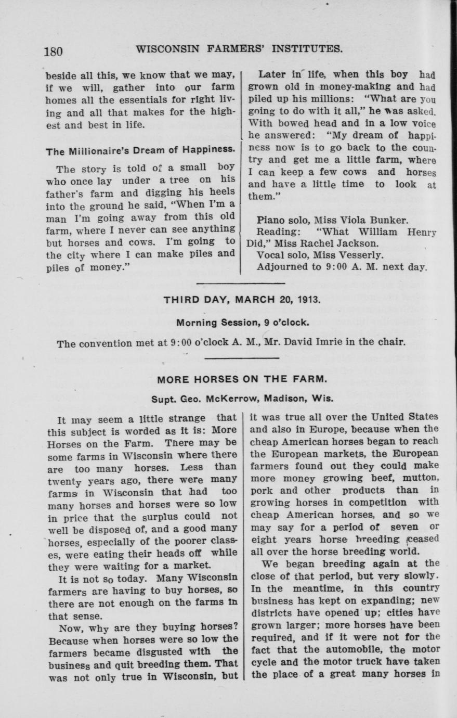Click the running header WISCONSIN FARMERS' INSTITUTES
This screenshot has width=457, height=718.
click(239, 49)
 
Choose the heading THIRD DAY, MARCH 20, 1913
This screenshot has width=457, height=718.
click(242, 300)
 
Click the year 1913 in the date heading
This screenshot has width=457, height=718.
click(310, 300)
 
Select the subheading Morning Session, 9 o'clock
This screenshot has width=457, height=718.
click(243, 322)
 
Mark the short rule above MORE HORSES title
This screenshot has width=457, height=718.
click(242, 359)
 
